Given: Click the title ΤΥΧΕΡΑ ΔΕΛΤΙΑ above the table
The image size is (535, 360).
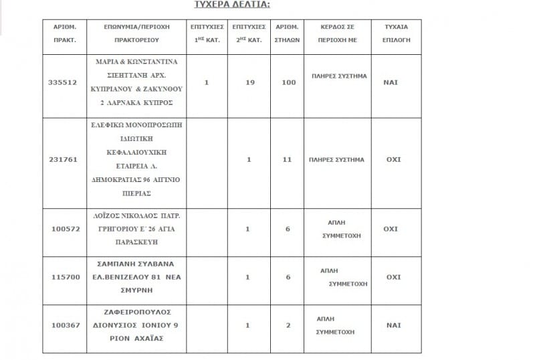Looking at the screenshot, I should [223, 4].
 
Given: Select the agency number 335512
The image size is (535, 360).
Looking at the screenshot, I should [64, 82].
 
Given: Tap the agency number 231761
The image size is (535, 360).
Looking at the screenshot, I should [64, 160].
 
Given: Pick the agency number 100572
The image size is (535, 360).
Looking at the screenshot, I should [64, 229].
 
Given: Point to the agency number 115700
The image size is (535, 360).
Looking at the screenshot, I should [64, 276].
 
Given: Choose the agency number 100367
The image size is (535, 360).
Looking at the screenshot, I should [64, 325].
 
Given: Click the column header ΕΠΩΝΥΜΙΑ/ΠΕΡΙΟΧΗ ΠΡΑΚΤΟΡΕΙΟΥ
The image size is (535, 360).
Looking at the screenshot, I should [137, 33].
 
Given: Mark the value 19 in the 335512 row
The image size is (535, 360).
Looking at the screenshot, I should [249, 82].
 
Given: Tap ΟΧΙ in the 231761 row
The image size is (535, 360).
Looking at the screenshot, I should [392, 160].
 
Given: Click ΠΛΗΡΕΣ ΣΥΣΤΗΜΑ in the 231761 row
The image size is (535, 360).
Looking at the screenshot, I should [337, 160].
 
